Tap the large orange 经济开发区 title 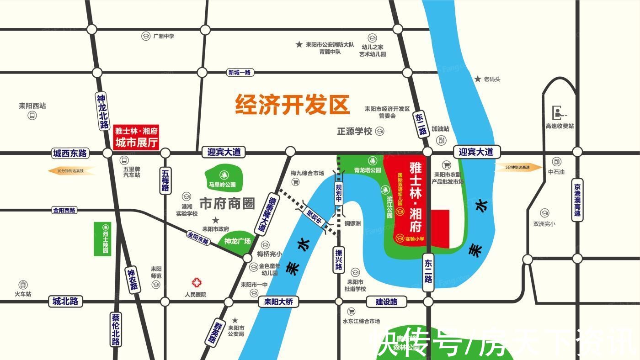pos(292,105)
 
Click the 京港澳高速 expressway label pos(577,201)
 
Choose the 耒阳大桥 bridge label pos(278,302)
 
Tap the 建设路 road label pos(387,302)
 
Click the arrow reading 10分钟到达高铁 pos(72,171)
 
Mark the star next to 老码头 pos(478,79)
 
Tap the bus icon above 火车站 pos(23,285)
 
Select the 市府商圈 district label pos(227,203)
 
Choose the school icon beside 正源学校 pos(380,132)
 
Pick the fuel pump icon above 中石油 pos(556,161)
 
